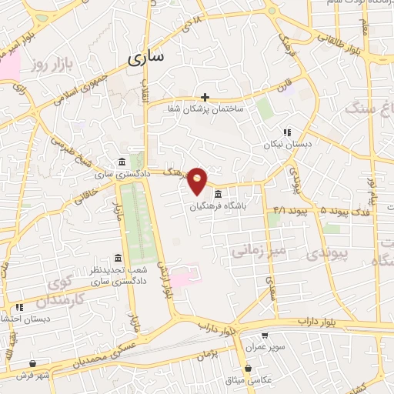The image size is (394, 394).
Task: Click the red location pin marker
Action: [x=198, y=180]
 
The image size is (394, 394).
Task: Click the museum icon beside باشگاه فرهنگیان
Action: [x=219, y=193]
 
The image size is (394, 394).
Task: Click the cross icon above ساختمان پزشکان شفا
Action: [x=205, y=97]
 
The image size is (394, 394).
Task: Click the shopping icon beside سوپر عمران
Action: [x=265, y=336]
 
